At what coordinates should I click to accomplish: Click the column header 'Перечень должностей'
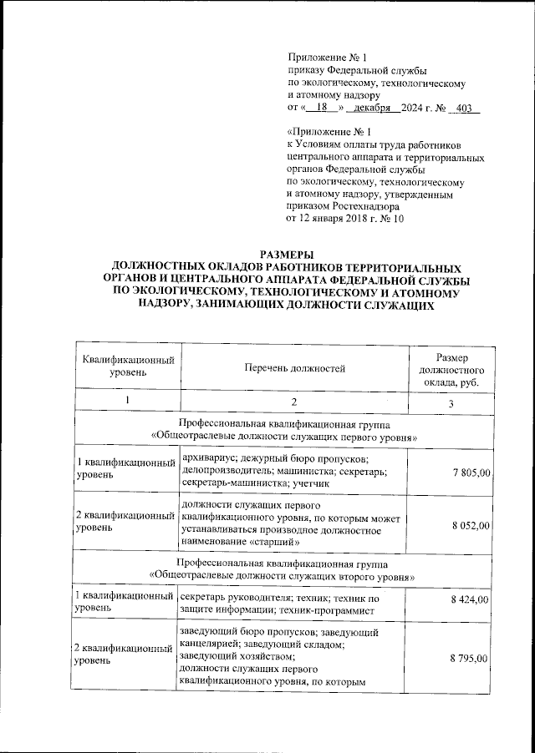click(x=295, y=367)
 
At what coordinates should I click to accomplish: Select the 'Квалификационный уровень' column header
click(x=128, y=367)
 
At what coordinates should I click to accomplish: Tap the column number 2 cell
click(x=295, y=404)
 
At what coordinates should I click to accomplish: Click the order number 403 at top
click(x=467, y=109)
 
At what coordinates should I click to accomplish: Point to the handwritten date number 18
click(x=318, y=109)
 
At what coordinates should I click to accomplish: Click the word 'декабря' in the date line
click(x=372, y=109)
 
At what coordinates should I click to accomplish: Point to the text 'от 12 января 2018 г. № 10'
click(x=345, y=219)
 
